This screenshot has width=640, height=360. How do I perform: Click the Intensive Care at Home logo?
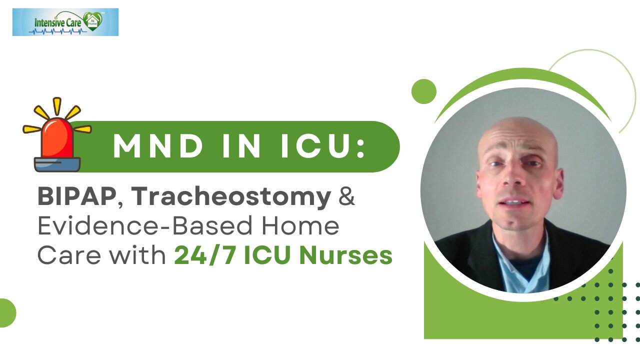coord(65,22)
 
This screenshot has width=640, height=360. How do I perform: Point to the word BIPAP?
coord(76,197)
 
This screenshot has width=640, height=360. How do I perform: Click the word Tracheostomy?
coord(231,198)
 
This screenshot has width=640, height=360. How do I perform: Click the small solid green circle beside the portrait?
coord(424,91)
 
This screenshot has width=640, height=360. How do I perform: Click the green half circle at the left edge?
coord(7,312)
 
